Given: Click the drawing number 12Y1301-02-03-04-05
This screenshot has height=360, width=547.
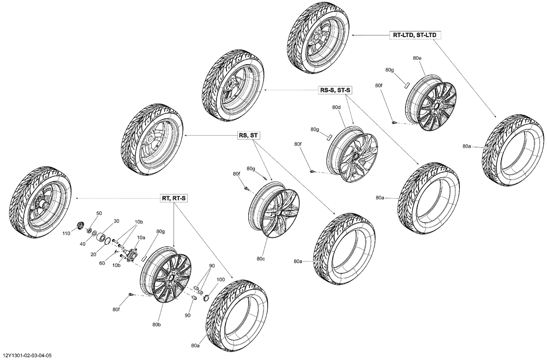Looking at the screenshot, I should (27, 355).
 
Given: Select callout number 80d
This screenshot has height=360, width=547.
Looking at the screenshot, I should (336, 107).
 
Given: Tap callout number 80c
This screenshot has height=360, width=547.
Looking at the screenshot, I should (260, 259).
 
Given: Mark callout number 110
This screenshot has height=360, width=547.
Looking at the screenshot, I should (66, 233).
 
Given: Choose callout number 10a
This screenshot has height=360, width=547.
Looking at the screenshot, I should (141, 237).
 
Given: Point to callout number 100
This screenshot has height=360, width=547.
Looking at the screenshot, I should (221, 279).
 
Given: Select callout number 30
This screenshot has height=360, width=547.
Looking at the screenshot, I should (117, 221).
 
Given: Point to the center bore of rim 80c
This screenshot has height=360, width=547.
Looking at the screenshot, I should (279, 212).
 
